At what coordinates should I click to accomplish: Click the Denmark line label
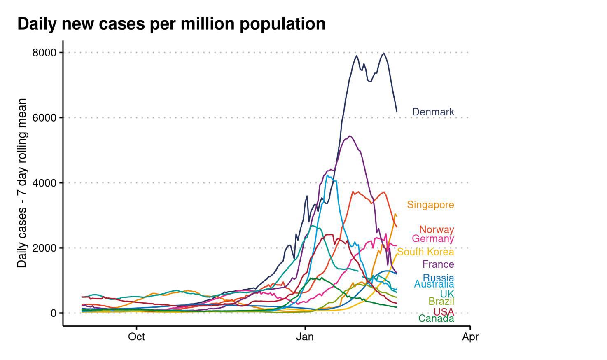click(433, 112)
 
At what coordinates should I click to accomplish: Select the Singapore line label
click(430, 205)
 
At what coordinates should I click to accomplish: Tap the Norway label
click(437, 229)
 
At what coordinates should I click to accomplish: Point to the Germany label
click(433, 238)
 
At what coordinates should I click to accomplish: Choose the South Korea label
click(425, 252)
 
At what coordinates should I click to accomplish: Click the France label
click(438, 264)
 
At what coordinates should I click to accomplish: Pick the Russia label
click(438, 278)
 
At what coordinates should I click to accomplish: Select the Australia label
click(434, 284)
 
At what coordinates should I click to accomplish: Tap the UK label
click(447, 294)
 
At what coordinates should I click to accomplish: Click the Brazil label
click(441, 301)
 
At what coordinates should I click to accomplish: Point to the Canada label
click(436, 318)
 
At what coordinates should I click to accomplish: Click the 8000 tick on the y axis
click(44, 53)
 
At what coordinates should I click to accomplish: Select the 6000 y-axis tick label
click(44, 118)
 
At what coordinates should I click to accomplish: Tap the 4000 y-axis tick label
click(44, 183)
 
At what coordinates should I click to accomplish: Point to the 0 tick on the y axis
click(54, 313)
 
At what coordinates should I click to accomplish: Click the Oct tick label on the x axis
click(136, 337)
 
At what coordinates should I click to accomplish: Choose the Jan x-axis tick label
click(305, 337)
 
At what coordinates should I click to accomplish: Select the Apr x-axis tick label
click(470, 337)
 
